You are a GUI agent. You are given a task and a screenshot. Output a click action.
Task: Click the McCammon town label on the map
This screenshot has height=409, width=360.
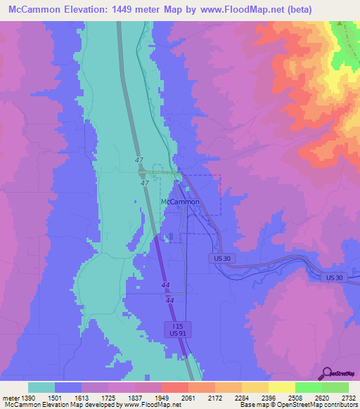coord(181,202)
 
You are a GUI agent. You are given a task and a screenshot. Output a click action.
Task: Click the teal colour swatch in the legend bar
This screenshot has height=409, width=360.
coord(41,387)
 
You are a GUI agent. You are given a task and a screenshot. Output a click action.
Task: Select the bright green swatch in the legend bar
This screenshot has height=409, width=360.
coord(308,387)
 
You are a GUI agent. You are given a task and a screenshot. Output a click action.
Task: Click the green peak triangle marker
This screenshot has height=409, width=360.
coord(339,23)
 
